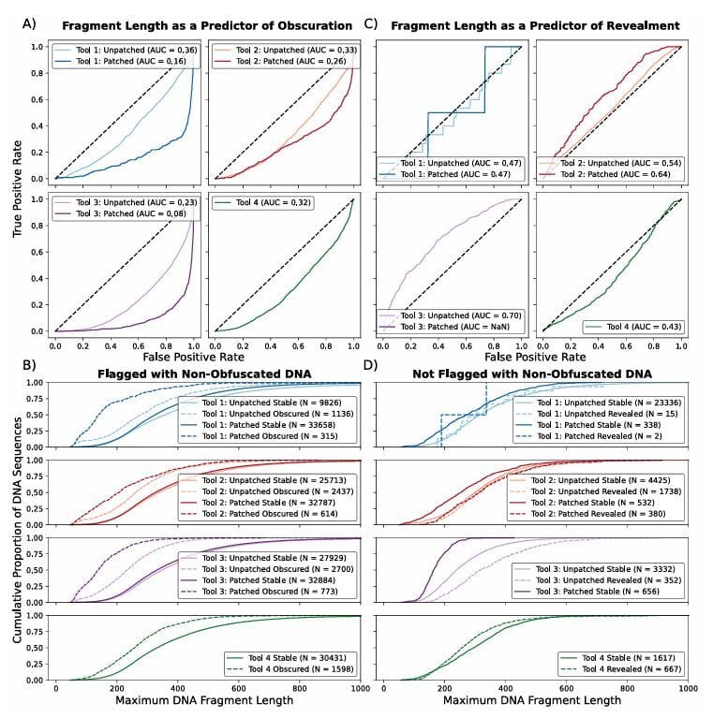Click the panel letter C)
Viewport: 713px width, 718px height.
tap(371, 23)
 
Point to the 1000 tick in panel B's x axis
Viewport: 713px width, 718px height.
tap(360, 688)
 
